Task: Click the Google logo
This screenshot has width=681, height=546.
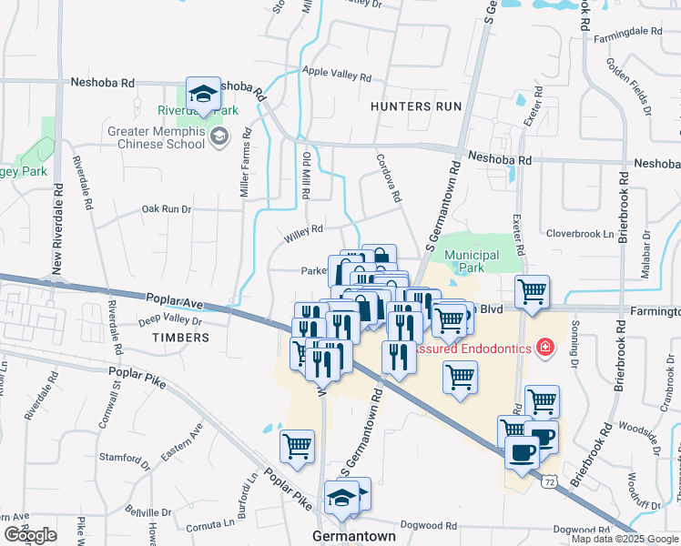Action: (x=30, y=535)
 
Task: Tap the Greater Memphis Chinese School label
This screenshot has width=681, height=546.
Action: (x=157, y=136)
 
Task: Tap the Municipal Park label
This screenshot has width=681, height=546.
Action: (x=471, y=261)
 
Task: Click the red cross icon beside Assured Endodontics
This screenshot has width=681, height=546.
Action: (x=545, y=349)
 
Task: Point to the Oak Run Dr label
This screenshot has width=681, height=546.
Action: (x=167, y=209)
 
